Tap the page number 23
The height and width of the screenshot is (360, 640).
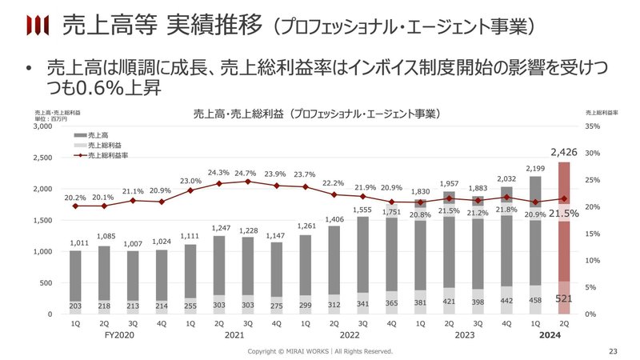[x=614, y=351]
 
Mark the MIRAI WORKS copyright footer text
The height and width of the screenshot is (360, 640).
[x=320, y=351]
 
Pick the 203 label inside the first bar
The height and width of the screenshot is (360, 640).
[x=74, y=306]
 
